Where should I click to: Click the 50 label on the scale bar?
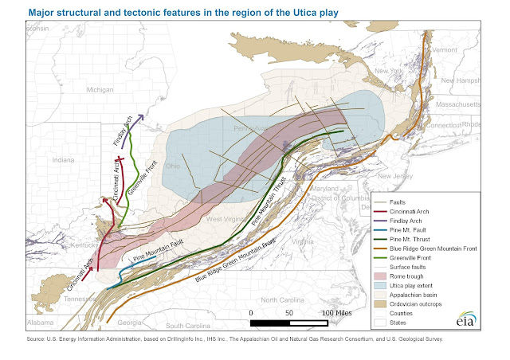[x=289, y=313]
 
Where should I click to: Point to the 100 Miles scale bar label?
[x=336, y=313]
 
